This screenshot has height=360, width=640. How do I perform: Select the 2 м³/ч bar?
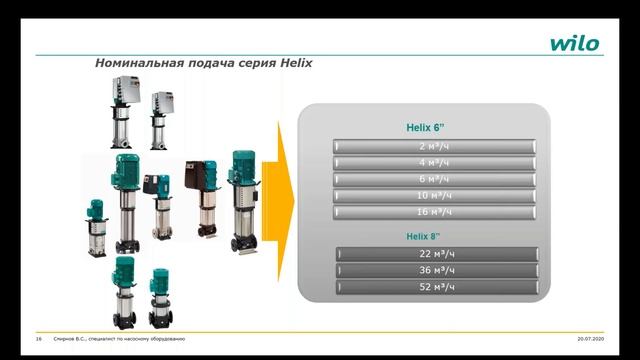click(x=435, y=146)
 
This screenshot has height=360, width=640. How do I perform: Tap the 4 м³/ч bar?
click(x=435, y=162)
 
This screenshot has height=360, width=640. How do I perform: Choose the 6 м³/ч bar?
click(x=435, y=179)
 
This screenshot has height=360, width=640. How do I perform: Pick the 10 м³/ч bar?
click(x=435, y=195)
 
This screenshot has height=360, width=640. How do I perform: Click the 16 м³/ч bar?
click(x=435, y=212)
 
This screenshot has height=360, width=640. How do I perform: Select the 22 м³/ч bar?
click(x=437, y=254)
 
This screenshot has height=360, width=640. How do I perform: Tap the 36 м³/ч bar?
click(x=437, y=270)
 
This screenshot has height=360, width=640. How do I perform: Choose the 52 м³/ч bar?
click(x=437, y=287)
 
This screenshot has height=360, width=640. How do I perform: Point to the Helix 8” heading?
click(x=424, y=236)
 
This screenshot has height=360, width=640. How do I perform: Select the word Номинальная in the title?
click(x=138, y=63)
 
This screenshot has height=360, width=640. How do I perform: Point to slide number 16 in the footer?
click(x=38, y=340)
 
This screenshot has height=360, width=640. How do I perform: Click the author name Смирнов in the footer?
click(x=64, y=340)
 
